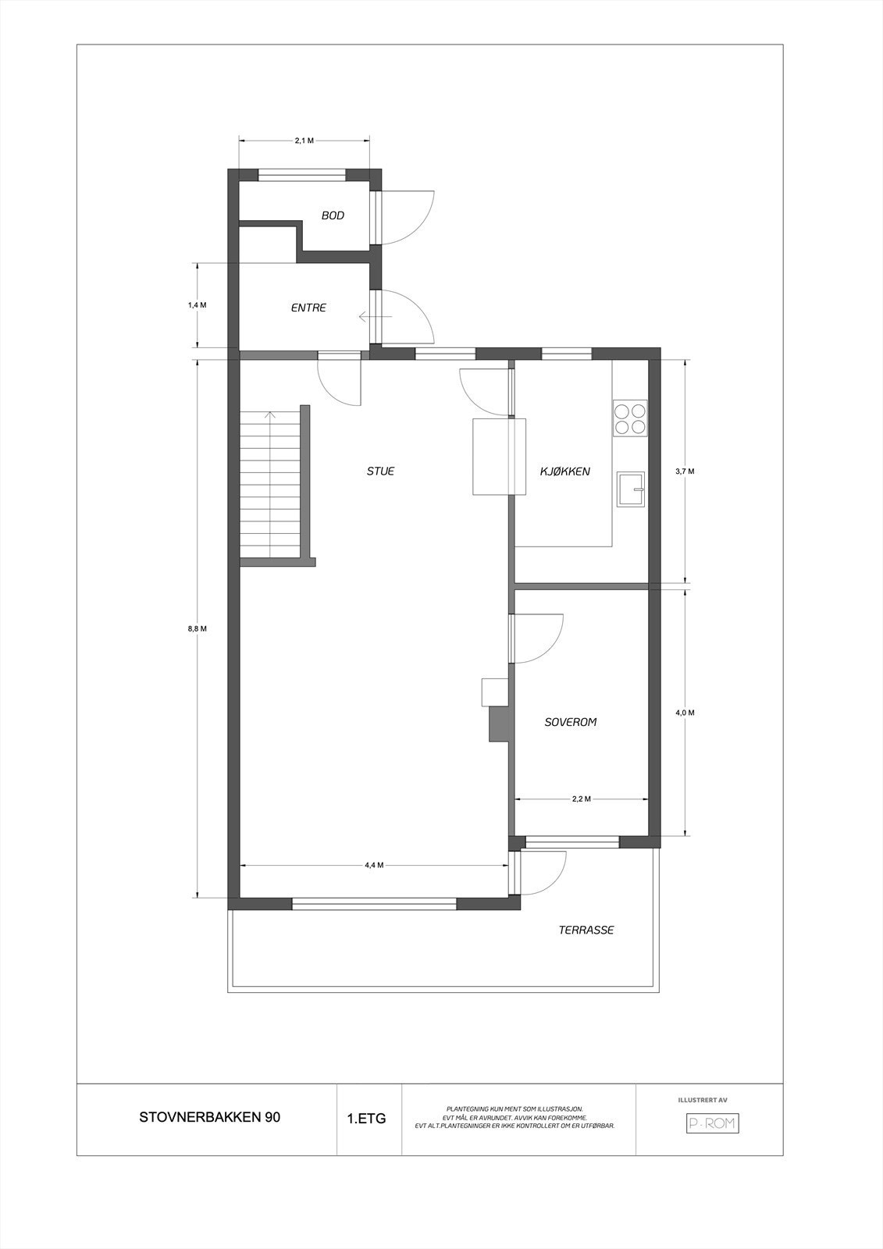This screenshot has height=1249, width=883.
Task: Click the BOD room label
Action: click(333, 215)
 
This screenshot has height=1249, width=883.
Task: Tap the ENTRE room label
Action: click(308, 308)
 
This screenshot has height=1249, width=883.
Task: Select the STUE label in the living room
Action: click(381, 471)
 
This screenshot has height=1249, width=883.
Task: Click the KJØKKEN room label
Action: click(565, 471)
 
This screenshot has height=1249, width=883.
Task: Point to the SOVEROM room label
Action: click(570, 723)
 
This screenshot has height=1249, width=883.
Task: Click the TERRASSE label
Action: click(586, 930)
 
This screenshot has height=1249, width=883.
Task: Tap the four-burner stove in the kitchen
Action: click(630, 418)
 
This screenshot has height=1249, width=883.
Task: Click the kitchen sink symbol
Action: click(631, 489)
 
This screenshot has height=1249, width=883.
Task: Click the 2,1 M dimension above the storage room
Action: click(304, 141)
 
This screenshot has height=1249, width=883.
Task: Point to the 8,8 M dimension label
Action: click(198, 628)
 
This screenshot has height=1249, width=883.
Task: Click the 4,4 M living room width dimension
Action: click(374, 865)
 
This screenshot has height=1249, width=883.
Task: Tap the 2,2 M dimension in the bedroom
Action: click(581, 799)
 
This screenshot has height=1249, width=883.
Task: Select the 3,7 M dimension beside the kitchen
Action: click(685, 471)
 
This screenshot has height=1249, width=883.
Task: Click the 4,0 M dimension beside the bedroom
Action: click(685, 713)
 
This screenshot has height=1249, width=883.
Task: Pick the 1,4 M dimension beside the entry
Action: click(198, 305)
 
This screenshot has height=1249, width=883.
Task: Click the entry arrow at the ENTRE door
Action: click(373, 317)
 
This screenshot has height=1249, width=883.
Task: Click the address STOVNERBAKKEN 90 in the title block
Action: click(209, 1117)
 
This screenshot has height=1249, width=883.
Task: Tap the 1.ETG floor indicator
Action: click(367, 1119)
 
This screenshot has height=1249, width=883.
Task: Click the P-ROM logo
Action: click(712, 1123)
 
